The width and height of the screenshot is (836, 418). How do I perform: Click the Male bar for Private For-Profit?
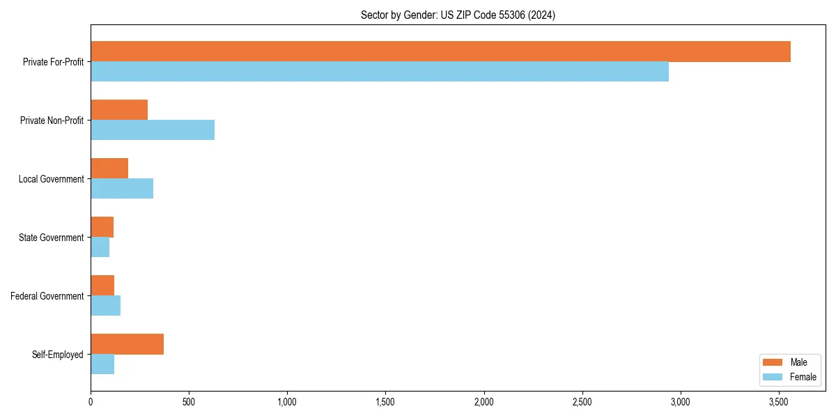tap(440, 52)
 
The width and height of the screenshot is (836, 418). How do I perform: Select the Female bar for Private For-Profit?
tap(380, 71)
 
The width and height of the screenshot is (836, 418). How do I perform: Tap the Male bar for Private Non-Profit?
tap(119, 110)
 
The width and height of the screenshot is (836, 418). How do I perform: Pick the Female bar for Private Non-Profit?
tap(153, 130)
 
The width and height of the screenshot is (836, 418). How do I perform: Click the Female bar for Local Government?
tap(122, 188)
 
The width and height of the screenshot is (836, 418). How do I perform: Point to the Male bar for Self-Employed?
tap(127, 344)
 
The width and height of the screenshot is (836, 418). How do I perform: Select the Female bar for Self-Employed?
tap(102, 364)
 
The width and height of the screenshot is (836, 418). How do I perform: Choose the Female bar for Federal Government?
tap(105, 305)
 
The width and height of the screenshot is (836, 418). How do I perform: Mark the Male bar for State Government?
tap(102, 227)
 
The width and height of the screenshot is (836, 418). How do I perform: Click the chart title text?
tap(458, 15)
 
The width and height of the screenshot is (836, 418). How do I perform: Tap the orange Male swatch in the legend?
tap(773, 362)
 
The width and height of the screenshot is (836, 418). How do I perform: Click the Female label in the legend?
tap(803, 377)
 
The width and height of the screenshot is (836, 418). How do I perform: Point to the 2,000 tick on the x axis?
tap(483, 402)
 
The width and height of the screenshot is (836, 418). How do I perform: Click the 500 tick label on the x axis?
tap(189, 402)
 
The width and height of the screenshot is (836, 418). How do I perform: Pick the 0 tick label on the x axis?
tap(91, 402)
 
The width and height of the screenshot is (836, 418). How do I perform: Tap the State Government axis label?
tap(51, 238)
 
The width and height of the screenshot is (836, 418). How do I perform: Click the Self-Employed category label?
tap(58, 355)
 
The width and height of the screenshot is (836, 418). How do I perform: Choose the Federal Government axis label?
tap(47, 296)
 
